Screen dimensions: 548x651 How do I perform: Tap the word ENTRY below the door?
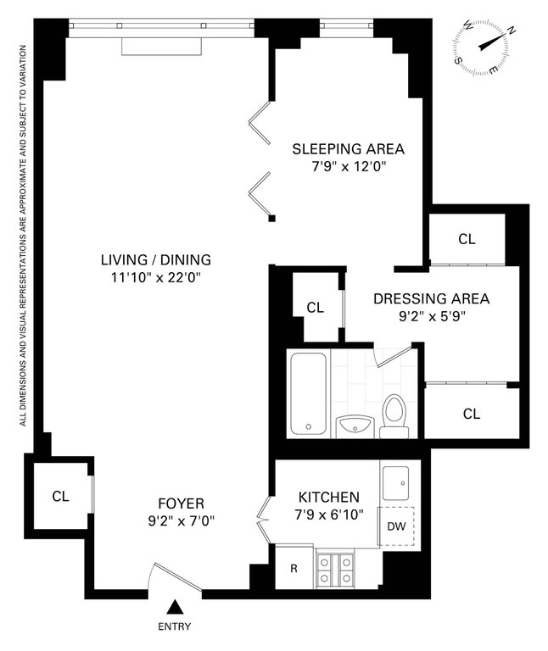[x=175, y=626]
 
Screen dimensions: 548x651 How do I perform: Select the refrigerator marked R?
[x=294, y=567]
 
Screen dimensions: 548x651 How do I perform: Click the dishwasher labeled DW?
[x=396, y=526]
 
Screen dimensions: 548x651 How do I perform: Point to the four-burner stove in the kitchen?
[x=335, y=570]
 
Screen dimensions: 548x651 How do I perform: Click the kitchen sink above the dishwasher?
[x=395, y=483]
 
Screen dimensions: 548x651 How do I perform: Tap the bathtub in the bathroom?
[x=308, y=392]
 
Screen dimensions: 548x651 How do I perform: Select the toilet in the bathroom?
[x=394, y=415]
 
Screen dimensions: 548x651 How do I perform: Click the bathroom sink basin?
[x=355, y=426]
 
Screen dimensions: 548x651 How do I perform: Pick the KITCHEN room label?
[x=329, y=497]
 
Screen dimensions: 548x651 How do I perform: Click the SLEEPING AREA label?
[x=348, y=148]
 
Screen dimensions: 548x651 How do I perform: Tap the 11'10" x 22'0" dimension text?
[x=156, y=277]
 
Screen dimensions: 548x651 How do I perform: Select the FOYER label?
[x=182, y=504]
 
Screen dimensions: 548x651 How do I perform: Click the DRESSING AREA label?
[x=431, y=298]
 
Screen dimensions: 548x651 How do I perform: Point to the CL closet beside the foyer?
[x=61, y=496]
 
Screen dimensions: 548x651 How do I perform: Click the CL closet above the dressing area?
[x=467, y=239]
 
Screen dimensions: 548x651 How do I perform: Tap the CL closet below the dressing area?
[x=472, y=414]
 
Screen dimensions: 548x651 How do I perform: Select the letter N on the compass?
[x=512, y=31]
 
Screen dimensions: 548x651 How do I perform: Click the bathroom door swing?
[x=393, y=356]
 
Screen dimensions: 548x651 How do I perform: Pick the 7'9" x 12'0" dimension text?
[x=349, y=167]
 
